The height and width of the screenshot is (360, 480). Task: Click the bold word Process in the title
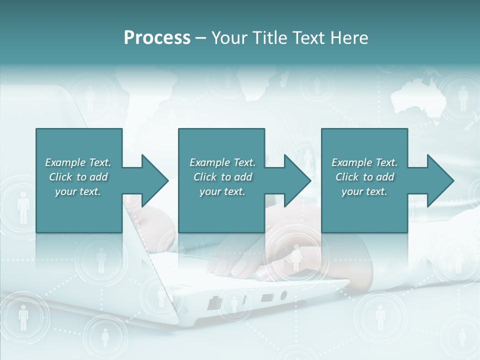point(157,37)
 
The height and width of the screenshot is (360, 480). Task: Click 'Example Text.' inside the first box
point(78,162)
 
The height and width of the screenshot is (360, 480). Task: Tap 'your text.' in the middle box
point(222,191)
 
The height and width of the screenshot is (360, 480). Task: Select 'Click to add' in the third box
point(364,177)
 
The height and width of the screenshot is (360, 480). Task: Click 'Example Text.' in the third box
point(364,162)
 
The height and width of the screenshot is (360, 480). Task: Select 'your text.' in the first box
point(78,191)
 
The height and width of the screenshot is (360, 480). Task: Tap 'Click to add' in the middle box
point(222,177)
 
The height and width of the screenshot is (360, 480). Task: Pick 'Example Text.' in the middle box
point(222,162)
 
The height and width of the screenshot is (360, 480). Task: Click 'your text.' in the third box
point(364,191)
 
